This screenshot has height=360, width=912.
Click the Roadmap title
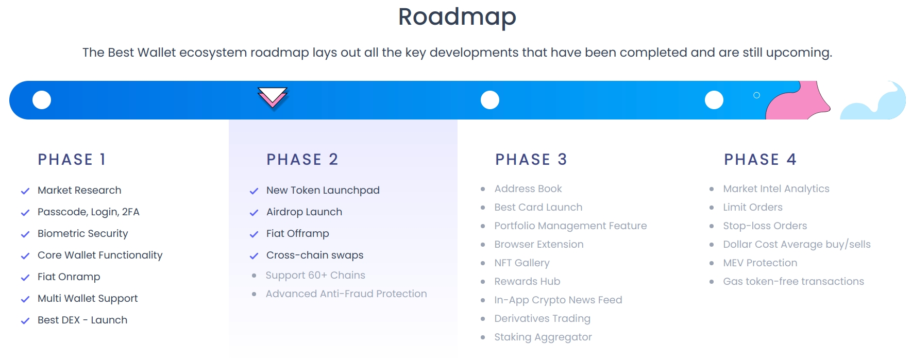click(x=457, y=16)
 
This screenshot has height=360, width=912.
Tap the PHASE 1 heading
click(x=72, y=160)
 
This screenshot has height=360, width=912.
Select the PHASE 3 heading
click(x=531, y=160)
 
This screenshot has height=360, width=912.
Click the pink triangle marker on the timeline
click(x=273, y=97)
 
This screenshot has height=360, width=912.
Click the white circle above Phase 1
click(x=42, y=100)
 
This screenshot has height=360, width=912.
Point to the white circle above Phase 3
click(x=490, y=100)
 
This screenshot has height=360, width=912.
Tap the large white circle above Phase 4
click(x=714, y=100)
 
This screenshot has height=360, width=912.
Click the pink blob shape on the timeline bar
click(x=799, y=103)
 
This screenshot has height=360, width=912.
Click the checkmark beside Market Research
click(x=25, y=191)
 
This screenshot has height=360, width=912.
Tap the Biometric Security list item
click(x=82, y=233)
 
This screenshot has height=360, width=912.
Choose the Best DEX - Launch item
click(x=82, y=320)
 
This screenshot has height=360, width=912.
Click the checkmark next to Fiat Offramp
click(x=254, y=234)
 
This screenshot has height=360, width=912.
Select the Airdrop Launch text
click(x=304, y=212)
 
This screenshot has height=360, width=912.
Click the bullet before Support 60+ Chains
click(x=254, y=276)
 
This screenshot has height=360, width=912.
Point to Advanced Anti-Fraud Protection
click(x=346, y=294)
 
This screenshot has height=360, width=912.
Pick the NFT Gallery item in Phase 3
click(x=521, y=263)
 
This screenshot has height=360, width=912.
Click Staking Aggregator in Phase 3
click(x=543, y=337)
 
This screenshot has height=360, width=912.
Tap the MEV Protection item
click(x=759, y=263)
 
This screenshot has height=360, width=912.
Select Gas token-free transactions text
click(x=793, y=281)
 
